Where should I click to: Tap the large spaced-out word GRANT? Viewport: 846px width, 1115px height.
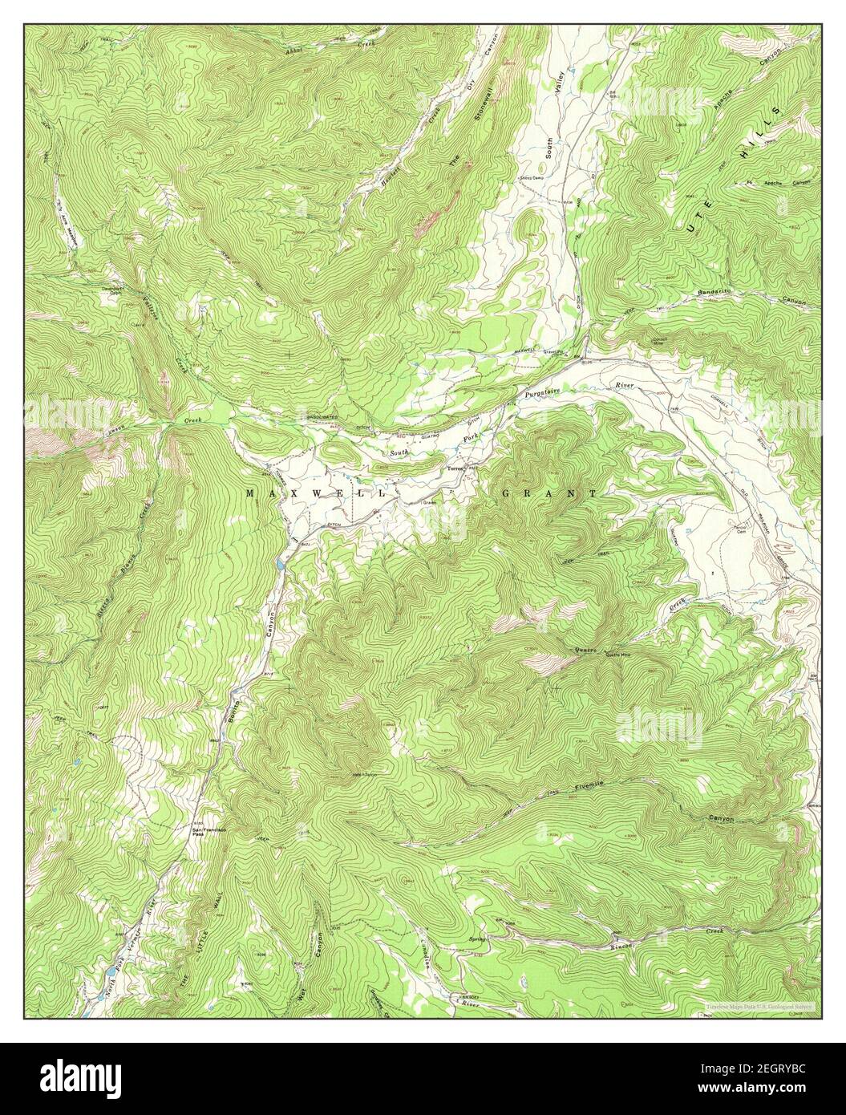point(550,494)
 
